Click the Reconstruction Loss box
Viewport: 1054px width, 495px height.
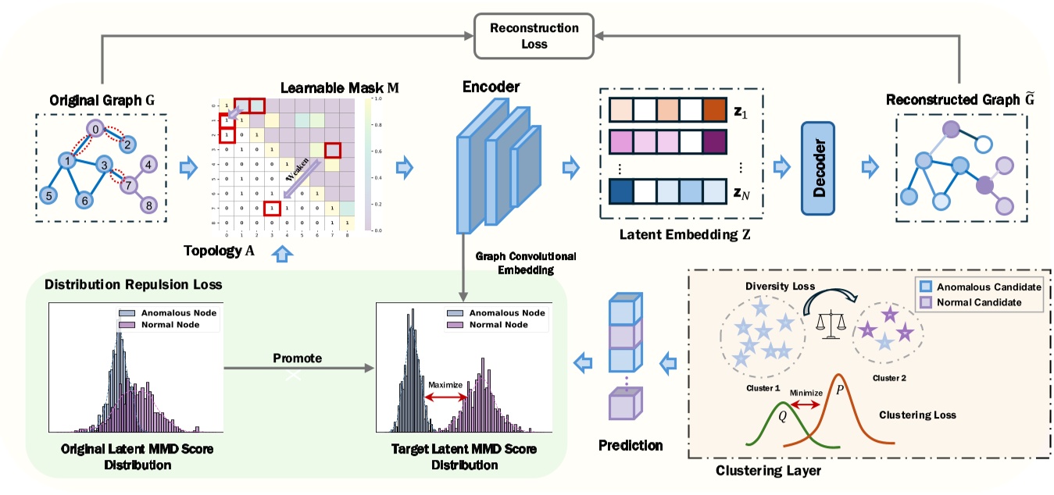click(534, 36)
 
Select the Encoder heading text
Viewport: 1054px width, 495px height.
click(490, 87)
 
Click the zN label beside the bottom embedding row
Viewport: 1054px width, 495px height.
click(742, 192)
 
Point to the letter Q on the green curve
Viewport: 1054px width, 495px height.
click(782, 416)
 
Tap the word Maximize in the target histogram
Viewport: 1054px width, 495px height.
click(445, 384)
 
